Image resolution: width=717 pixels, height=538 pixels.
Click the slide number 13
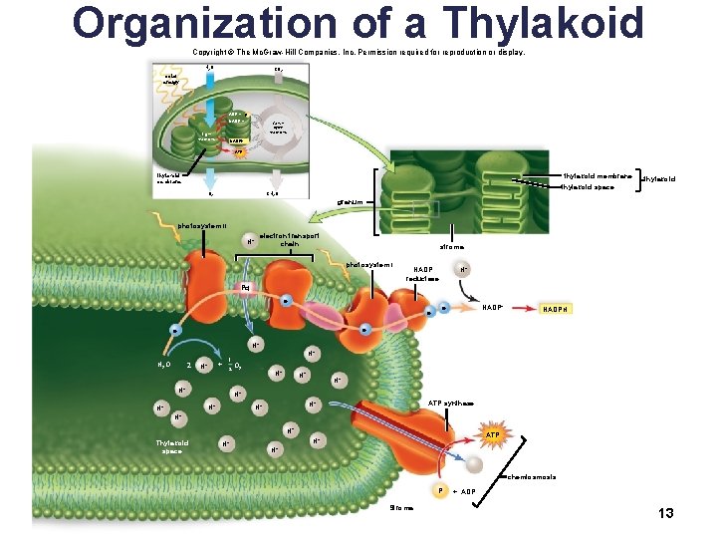(666, 512)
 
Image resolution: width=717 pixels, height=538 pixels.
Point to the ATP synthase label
(451, 403)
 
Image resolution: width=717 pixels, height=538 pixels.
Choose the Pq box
(244, 288)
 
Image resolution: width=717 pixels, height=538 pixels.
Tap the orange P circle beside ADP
(440, 491)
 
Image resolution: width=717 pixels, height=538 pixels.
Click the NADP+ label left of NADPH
(492, 308)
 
